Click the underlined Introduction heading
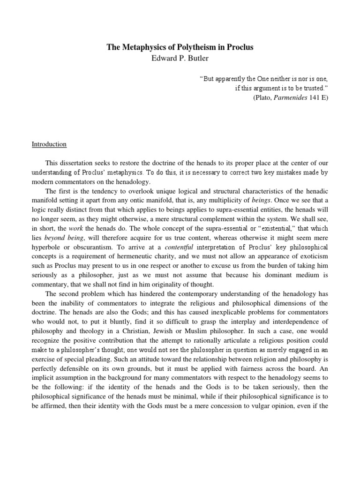pos(49,144)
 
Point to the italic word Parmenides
pos(287,97)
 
